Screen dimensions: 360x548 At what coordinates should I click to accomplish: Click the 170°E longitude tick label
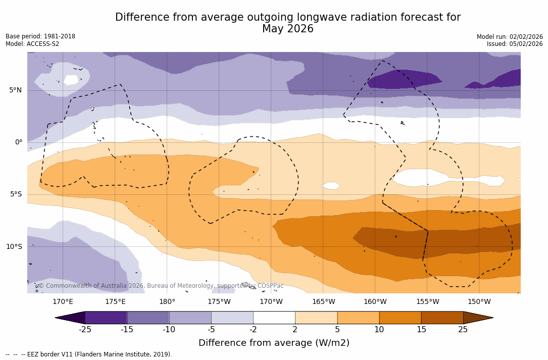click(x=63, y=302)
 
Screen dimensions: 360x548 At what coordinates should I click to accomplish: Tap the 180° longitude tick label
click(x=167, y=302)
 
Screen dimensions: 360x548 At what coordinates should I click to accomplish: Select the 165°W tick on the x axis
click(x=323, y=302)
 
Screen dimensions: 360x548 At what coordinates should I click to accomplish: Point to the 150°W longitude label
click(x=479, y=302)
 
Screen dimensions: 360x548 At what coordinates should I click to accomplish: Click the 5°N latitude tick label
click(x=15, y=90)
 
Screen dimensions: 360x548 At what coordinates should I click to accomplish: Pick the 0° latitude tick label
click(x=18, y=142)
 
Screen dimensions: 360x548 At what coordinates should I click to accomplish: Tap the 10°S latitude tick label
click(x=14, y=247)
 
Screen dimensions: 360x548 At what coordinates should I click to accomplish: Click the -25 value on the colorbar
click(x=85, y=330)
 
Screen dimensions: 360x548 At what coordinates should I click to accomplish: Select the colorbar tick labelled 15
click(x=421, y=330)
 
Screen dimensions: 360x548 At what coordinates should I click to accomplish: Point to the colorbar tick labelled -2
click(x=253, y=330)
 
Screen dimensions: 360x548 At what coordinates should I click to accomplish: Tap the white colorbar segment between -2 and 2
click(x=274, y=318)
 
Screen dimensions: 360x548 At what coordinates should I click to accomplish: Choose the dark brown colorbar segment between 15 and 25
click(x=442, y=318)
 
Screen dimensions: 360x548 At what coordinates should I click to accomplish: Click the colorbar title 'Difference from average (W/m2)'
click(x=274, y=343)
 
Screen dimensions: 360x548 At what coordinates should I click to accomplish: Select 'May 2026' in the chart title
click(x=287, y=29)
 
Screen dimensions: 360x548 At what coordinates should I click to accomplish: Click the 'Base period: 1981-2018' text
click(x=40, y=36)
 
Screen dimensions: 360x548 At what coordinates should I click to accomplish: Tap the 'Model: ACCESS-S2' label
click(x=32, y=44)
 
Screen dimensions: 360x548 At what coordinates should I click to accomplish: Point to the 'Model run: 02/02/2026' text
click(x=510, y=37)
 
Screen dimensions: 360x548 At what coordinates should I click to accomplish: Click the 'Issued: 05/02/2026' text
click(x=515, y=44)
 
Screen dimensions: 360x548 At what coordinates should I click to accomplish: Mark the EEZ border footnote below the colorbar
click(x=89, y=354)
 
